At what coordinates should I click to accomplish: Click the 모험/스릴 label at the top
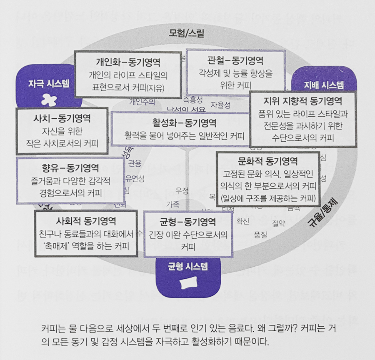186,33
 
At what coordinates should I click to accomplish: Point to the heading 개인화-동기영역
128,62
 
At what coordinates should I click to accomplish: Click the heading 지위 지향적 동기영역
303,101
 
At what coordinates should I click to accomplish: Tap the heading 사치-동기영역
62,118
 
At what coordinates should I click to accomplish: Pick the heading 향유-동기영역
70,168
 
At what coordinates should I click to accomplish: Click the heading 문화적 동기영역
267,162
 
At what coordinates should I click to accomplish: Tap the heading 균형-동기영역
187,221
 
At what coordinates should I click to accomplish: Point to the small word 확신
242,221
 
